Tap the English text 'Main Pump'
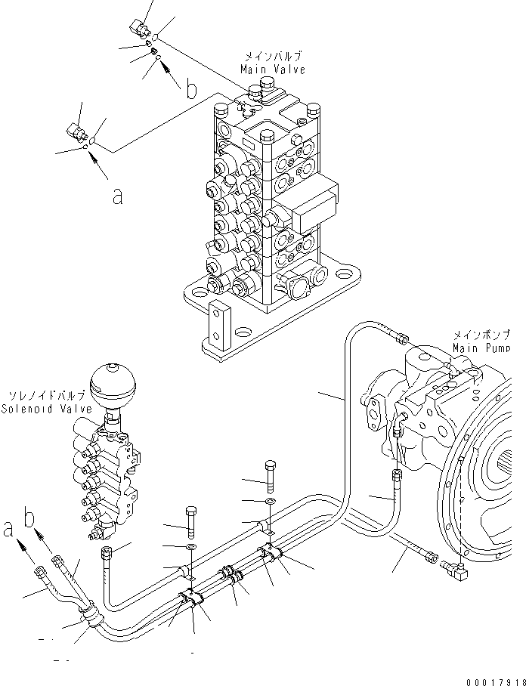[481, 348]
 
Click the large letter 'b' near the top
[191, 90]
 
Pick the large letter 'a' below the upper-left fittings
[117, 195]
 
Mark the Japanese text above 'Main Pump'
[481, 334]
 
